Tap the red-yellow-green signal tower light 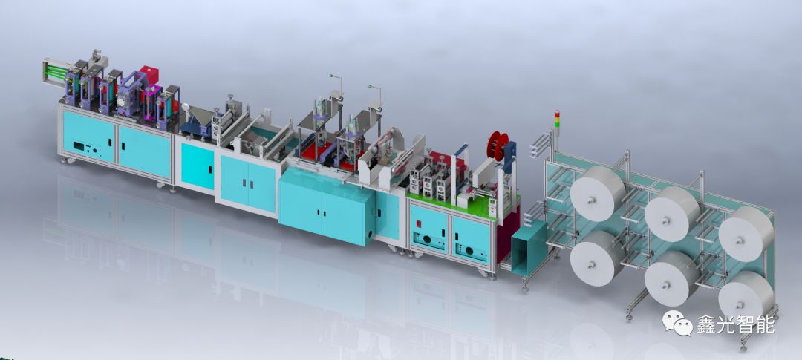click(x=557, y=120)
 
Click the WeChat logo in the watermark click(x=677, y=323)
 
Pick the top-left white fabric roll click(x=597, y=193)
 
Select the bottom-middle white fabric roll click(x=671, y=278)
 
